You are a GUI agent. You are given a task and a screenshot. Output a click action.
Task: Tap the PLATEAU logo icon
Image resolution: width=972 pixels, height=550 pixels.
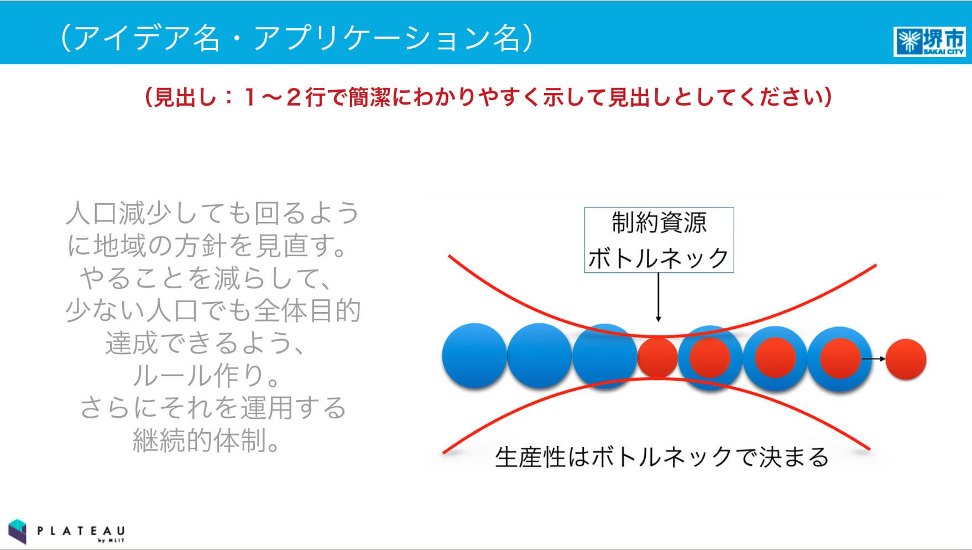pyautogui.click(x=18, y=531)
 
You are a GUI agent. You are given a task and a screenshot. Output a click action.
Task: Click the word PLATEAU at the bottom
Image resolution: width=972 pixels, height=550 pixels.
pyautogui.click(x=81, y=531)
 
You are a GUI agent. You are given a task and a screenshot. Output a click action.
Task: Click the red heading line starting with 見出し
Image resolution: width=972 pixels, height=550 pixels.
pyautogui.click(x=488, y=97)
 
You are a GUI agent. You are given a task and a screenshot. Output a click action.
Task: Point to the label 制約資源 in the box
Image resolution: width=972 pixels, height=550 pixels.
pyautogui.click(x=659, y=223)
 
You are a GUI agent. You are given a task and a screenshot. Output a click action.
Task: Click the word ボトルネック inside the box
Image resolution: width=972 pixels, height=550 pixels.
pyautogui.click(x=659, y=258)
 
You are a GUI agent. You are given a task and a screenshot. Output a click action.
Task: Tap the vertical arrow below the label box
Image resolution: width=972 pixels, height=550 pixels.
pyautogui.click(x=658, y=297)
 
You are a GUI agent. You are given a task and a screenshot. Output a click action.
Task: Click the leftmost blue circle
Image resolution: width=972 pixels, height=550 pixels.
pyautogui.click(x=474, y=355)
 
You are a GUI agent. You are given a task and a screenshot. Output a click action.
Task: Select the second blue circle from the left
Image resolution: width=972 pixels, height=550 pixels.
pyautogui.click(x=539, y=355)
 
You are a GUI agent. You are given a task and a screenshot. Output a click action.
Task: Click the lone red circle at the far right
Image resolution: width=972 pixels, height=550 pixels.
pyautogui.click(x=906, y=359)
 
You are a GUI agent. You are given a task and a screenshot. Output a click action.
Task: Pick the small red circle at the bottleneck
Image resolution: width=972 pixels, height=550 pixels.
pyautogui.click(x=657, y=357)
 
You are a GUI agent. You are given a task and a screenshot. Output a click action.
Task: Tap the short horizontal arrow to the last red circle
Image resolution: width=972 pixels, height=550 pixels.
pyautogui.click(x=874, y=359)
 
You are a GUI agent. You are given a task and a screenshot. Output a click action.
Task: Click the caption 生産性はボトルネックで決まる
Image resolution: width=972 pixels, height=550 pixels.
pyautogui.click(x=662, y=457)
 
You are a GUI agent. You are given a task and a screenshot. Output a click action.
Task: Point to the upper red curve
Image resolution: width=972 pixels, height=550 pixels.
pyautogui.click(x=662, y=336)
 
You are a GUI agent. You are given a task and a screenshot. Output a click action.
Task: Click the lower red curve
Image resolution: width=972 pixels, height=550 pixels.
pyautogui.click(x=656, y=380)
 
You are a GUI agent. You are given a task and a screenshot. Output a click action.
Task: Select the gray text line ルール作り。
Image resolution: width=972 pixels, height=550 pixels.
pyautogui.click(x=206, y=375)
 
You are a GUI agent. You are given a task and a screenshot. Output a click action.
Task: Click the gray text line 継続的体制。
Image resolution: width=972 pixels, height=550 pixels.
pyautogui.click(x=206, y=440)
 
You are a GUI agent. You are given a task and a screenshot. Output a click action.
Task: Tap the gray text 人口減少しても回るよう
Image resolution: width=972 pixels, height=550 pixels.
pyautogui.click(x=213, y=213)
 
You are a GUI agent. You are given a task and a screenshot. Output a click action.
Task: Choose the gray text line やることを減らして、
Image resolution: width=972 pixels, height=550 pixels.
pyautogui.click(x=206, y=278)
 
